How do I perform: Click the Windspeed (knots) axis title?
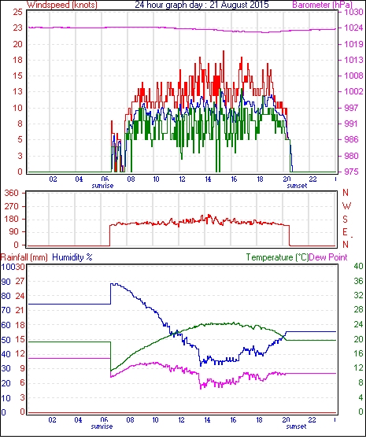(62, 5)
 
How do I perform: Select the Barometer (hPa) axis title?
(322, 5)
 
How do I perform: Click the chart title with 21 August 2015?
(201, 5)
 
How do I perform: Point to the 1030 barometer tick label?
(353, 12)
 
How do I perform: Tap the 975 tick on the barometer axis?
(351, 172)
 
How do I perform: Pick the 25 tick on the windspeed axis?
(17, 12)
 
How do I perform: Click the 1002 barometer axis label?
(353, 91)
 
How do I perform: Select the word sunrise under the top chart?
(102, 186)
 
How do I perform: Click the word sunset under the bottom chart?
(296, 426)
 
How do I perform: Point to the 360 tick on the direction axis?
(12, 194)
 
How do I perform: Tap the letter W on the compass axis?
(346, 206)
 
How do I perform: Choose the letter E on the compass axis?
(345, 232)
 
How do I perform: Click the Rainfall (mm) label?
(24, 257)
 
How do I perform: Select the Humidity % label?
(72, 257)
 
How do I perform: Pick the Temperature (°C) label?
(277, 257)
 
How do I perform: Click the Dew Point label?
(328, 257)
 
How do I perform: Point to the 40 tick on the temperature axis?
(358, 266)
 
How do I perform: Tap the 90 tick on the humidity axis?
(6, 282)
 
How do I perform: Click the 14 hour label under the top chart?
(208, 179)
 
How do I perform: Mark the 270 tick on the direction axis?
(12, 206)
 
